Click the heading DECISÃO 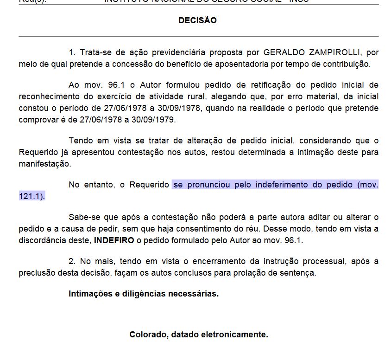[x=197, y=20]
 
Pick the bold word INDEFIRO [x=114, y=240]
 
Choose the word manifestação [x=45, y=164]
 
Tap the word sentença [x=298, y=273]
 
